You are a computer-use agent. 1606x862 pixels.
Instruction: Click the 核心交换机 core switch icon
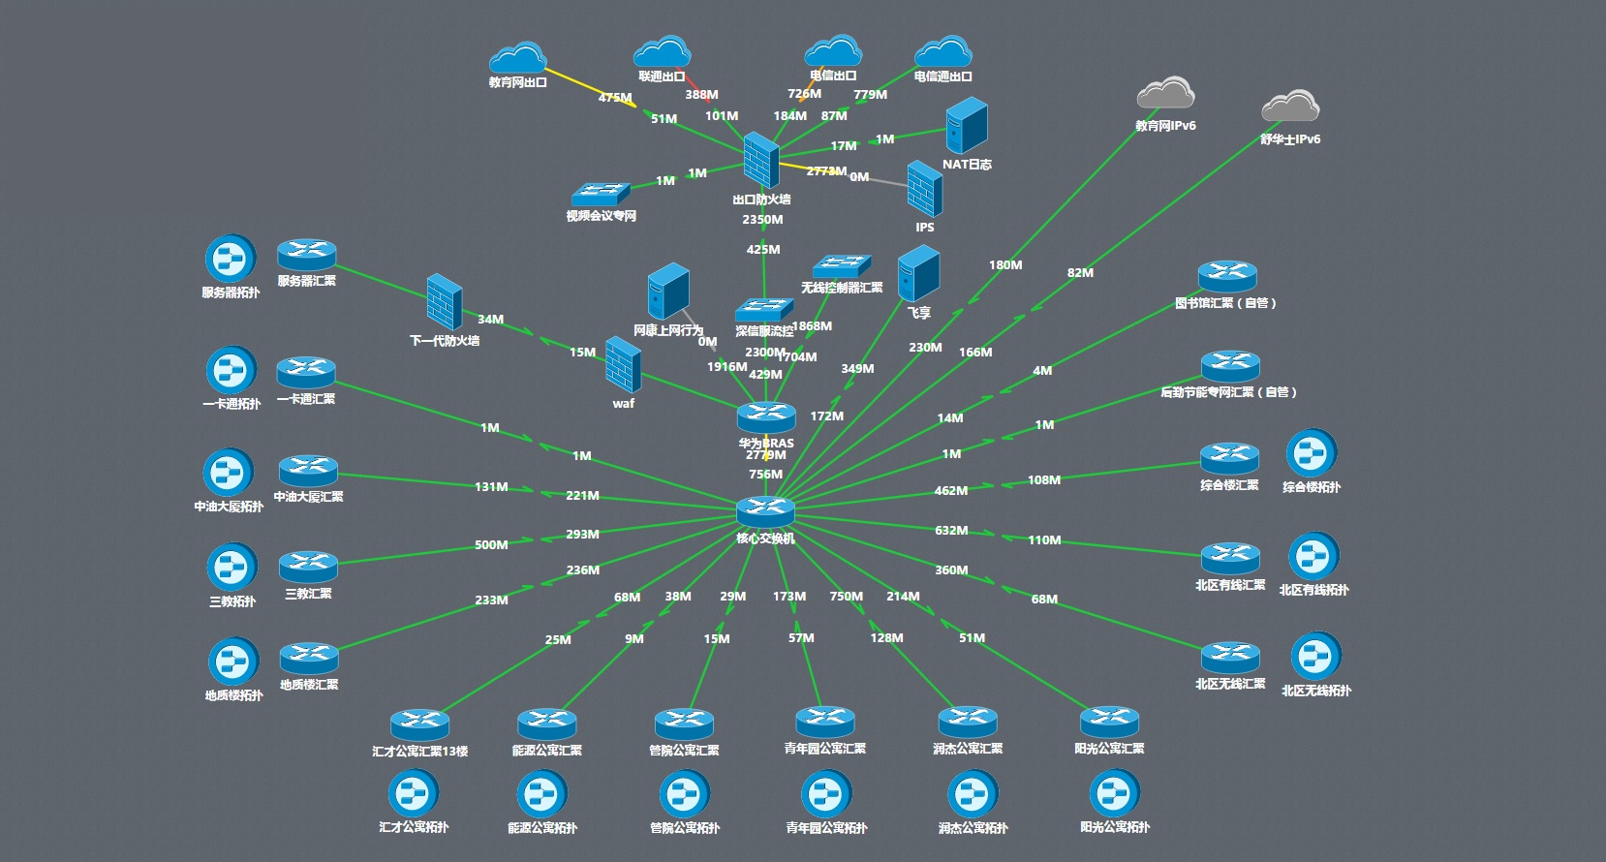765,511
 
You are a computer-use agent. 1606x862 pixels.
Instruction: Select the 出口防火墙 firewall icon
761,161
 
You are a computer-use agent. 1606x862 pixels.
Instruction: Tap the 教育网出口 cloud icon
517,59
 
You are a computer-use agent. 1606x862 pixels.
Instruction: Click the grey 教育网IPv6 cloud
1165,94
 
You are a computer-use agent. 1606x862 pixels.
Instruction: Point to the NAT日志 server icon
966,126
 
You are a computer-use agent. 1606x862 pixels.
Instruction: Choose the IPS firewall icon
924,189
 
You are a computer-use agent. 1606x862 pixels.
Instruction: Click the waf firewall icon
623,365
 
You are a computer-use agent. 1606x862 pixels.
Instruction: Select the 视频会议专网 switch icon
601,193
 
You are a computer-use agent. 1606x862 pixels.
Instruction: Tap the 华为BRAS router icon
766,417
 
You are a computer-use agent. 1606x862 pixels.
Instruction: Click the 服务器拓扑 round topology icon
231,259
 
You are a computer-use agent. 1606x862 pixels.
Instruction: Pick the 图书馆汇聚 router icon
1227,276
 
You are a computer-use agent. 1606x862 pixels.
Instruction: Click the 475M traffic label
615,98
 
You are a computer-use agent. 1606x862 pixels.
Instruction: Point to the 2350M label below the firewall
762,220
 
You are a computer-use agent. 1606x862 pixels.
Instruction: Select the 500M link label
491,545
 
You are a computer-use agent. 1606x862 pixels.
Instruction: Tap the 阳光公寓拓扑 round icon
1114,794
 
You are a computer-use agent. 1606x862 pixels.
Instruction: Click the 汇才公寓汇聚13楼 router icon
419,724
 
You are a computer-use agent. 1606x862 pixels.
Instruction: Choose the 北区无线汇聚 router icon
1230,657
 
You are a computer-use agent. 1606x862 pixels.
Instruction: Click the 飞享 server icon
918,273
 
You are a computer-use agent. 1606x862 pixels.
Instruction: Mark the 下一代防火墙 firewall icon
444,302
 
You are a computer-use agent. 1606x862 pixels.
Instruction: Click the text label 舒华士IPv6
1290,139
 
